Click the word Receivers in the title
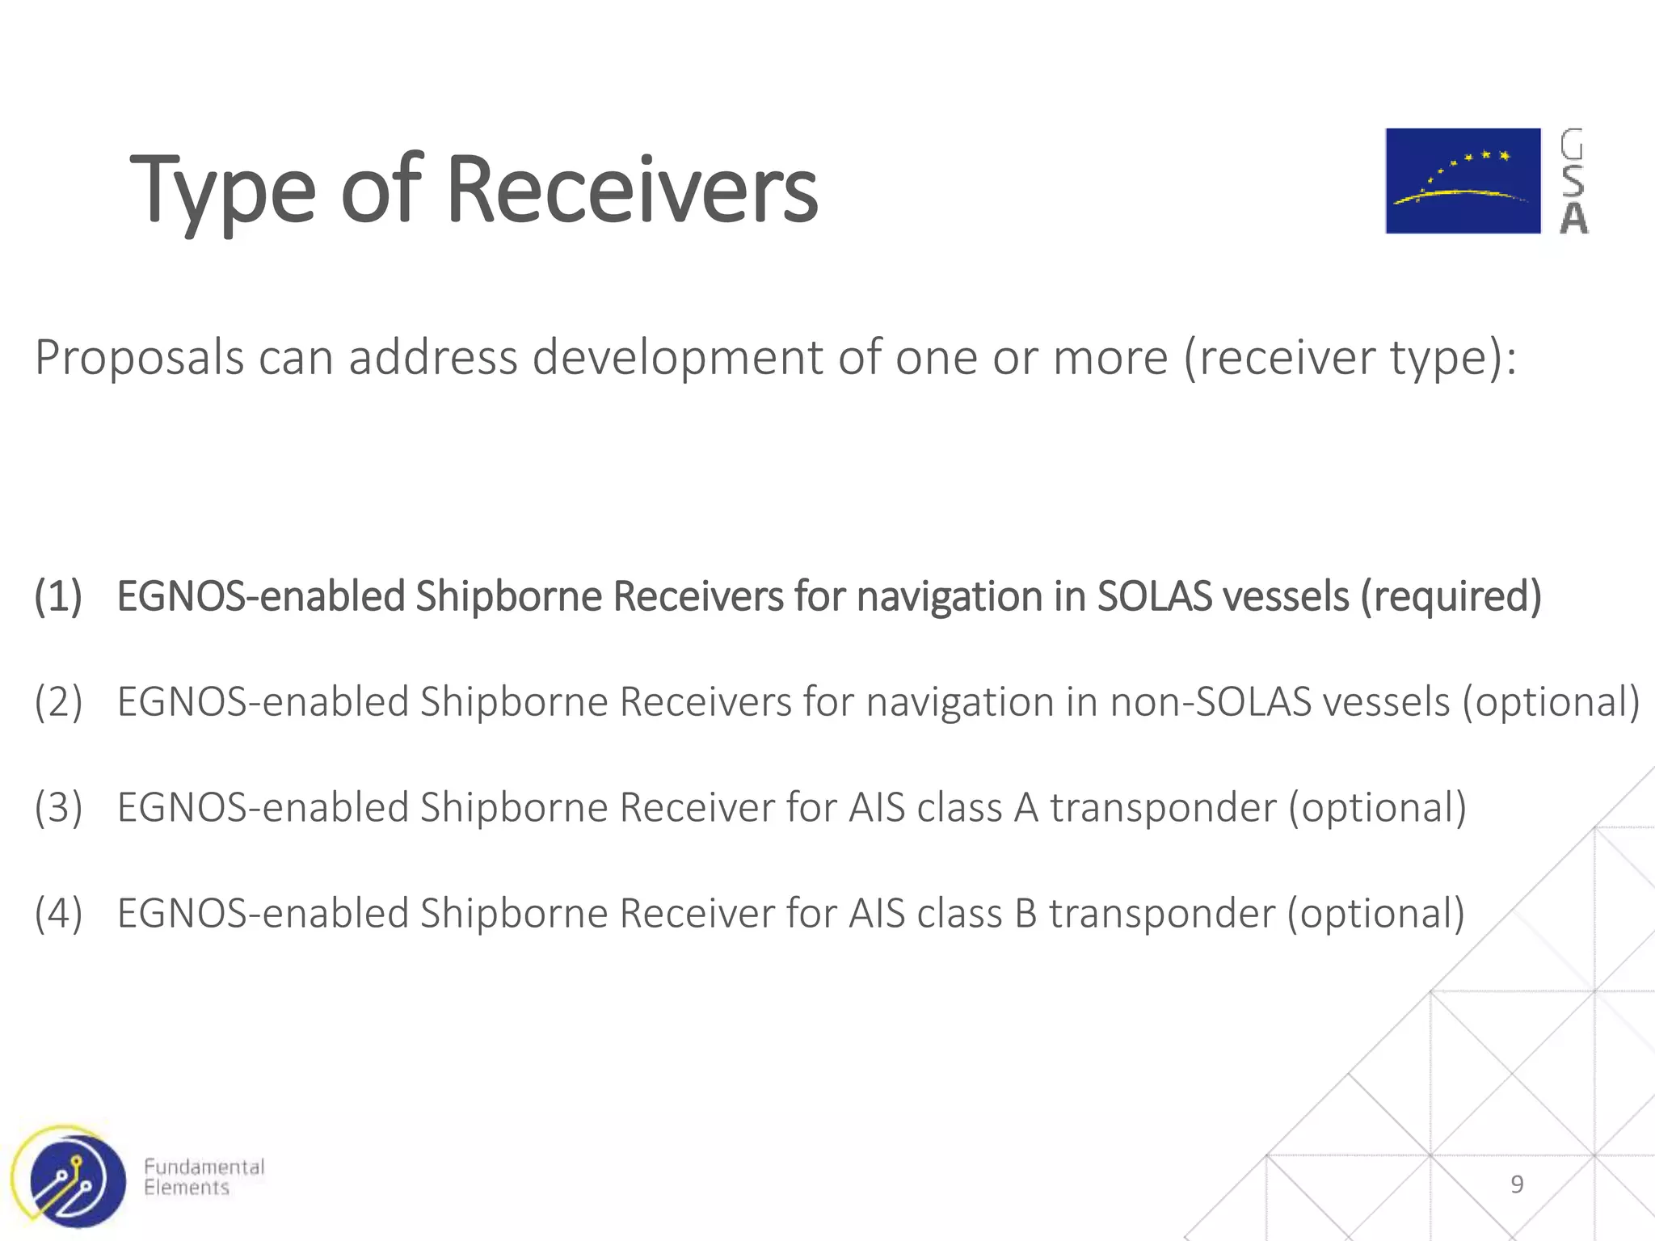[632, 191]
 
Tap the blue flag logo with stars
[1463, 181]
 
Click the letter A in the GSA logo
[1573, 218]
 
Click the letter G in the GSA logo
[1572, 145]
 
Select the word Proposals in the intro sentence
[139, 358]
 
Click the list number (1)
[58, 597]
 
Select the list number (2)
[58, 702]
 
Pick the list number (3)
[58, 808]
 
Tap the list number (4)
[58, 914]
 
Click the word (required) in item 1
[1451, 597]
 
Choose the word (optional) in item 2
[1551, 702]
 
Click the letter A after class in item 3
[1025, 808]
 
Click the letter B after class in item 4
[1025, 914]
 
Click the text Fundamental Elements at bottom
[204, 1177]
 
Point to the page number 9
[1517, 1184]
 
